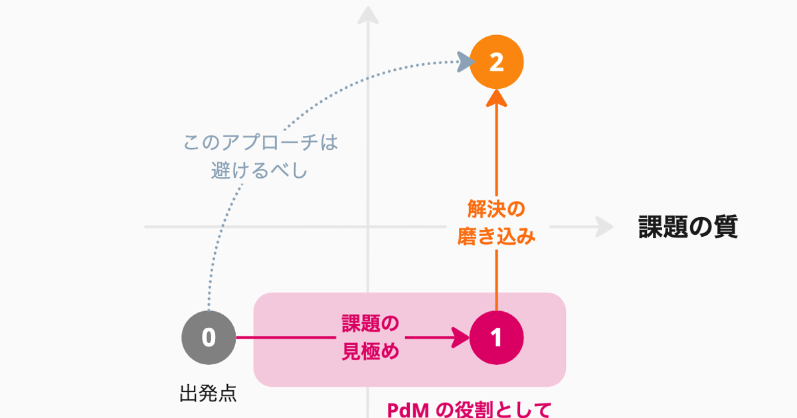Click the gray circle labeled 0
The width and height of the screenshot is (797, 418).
pyautogui.click(x=209, y=338)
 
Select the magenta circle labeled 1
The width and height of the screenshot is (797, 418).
pyautogui.click(x=497, y=338)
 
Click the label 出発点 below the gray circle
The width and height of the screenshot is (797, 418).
pyautogui.click(x=208, y=394)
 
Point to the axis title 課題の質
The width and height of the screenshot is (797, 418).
pyautogui.click(x=688, y=228)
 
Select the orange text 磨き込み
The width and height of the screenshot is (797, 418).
pyautogui.click(x=496, y=237)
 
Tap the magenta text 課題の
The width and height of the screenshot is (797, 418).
pyautogui.click(x=370, y=324)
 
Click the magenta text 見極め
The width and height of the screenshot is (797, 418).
pyautogui.click(x=370, y=351)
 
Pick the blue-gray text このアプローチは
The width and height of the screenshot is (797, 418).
pyautogui.click(x=260, y=143)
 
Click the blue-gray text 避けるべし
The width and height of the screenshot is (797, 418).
pyautogui.click(x=260, y=170)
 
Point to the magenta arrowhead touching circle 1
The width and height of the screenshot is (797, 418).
pyautogui.click(x=461, y=338)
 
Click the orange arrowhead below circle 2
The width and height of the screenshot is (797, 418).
pyautogui.click(x=497, y=98)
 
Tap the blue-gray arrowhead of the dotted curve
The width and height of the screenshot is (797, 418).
pyautogui.click(x=466, y=62)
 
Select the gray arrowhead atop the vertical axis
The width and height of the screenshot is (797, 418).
pyautogui.click(x=368, y=15)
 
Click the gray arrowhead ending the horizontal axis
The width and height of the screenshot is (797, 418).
pyautogui.click(x=604, y=227)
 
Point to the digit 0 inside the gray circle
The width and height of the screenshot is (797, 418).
pyautogui.click(x=209, y=338)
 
